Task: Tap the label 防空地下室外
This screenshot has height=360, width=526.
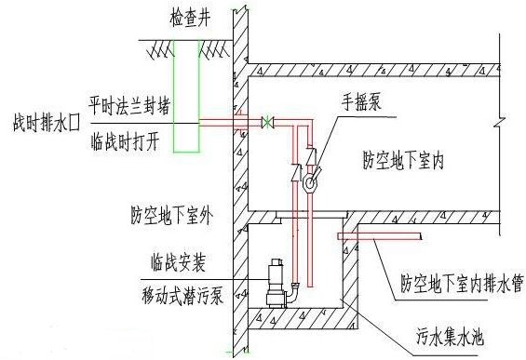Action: tap(171, 217)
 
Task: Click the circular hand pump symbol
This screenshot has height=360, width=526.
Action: tap(308, 182)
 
